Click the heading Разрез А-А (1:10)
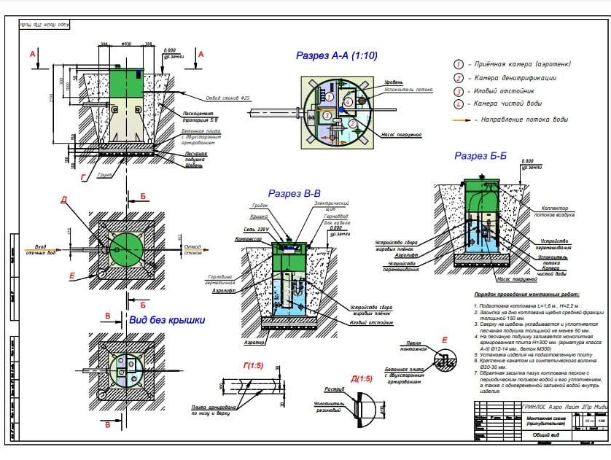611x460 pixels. [x=336, y=55]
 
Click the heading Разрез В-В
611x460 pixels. [x=295, y=194]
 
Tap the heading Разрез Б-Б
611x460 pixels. [x=480, y=155]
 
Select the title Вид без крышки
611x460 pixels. [x=167, y=319]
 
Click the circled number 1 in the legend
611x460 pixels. [x=459, y=65]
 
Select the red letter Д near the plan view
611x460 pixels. [x=63, y=200]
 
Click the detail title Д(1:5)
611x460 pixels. [x=361, y=378]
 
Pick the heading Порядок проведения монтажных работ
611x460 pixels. [x=521, y=294]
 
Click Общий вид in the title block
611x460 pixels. [x=540, y=435]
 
